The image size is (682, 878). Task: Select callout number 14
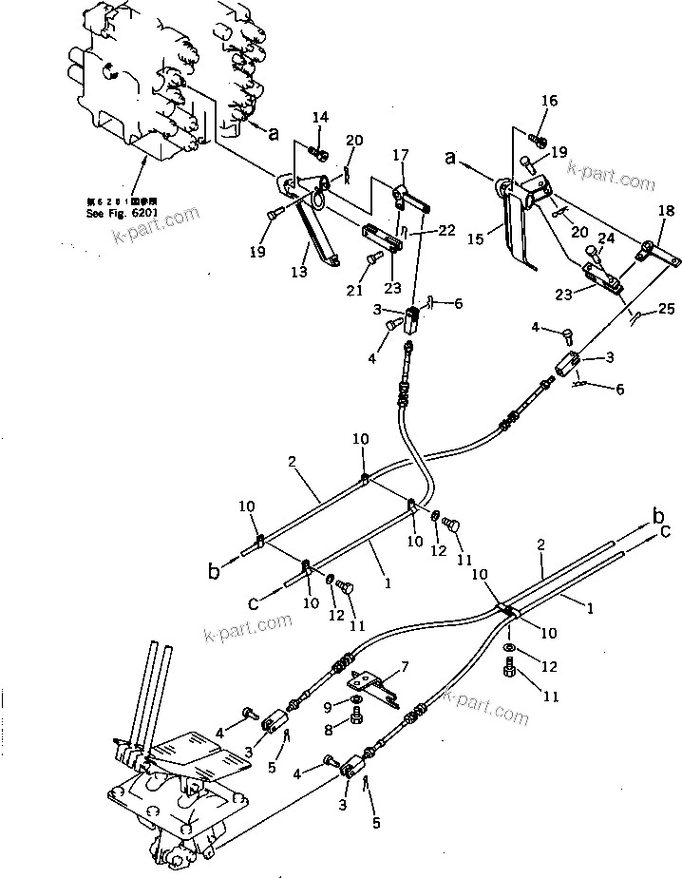pyautogui.click(x=320, y=117)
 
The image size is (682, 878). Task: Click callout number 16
pyautogui.click(x=550, y=100)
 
